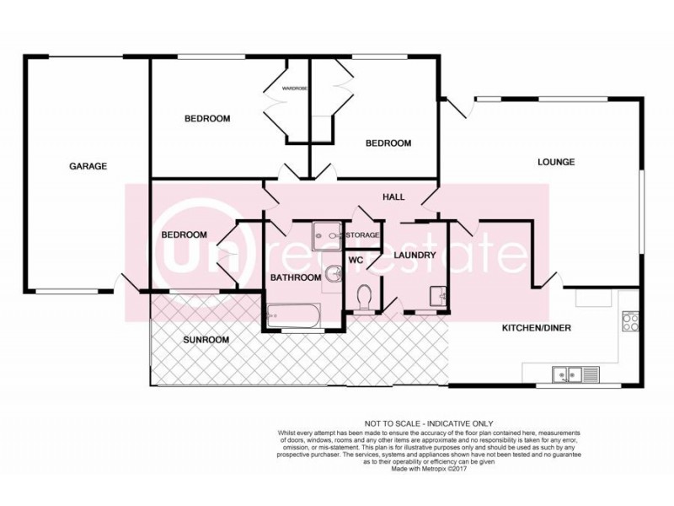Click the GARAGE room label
coord(88,166)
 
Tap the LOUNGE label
coord(557,162)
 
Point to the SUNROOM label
coord(206,340)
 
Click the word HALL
coord(393,197)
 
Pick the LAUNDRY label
coord(414,255)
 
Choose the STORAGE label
coord(363,234)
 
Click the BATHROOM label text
coord(295,277)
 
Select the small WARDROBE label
coord(293,88)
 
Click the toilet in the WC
coord(365,298)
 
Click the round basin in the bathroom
coord(334,272)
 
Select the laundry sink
coord(436,296)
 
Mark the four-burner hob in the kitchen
coord(630,321)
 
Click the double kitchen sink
coord(569,374)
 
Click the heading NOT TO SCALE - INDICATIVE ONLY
coord(428,423)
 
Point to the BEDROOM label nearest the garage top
coord(206,119)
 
